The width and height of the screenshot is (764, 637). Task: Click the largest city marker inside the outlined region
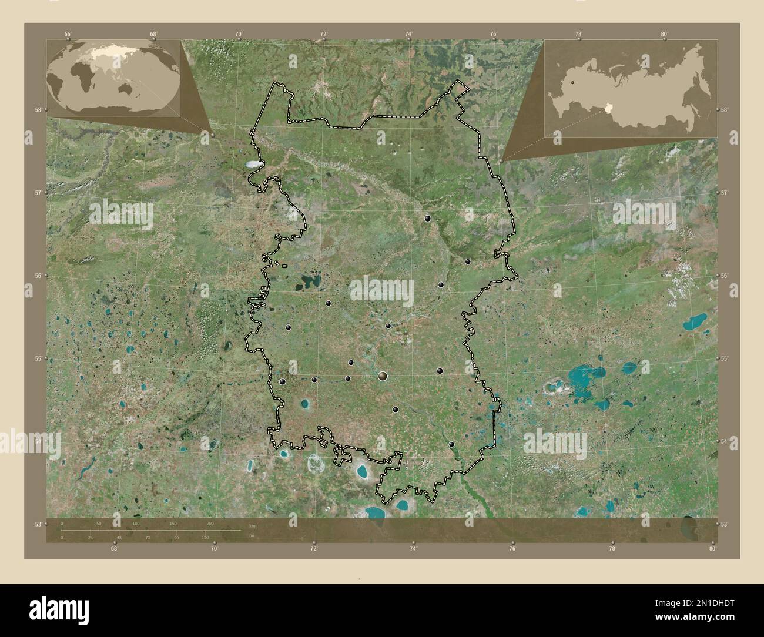(383, 376)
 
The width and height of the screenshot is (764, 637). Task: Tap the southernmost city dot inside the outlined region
(451, 445)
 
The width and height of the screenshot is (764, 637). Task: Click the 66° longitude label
(68, 35)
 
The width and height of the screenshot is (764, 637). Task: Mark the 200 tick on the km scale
(210, 523)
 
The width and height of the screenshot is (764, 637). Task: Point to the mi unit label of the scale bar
(252, 536)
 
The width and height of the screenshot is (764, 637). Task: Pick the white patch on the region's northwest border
(252, 164)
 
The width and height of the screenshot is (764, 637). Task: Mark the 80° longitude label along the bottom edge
(712, 549)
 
